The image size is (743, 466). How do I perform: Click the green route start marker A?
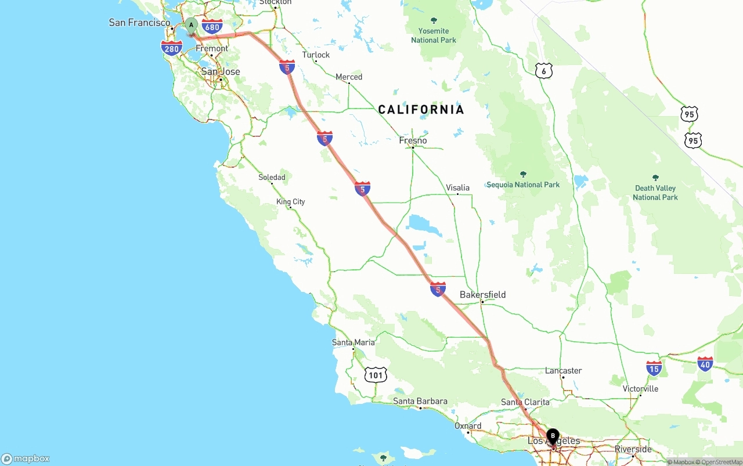191,25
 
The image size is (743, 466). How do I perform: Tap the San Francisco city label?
139,23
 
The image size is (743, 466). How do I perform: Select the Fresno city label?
413,140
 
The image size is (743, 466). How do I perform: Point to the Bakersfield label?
482,295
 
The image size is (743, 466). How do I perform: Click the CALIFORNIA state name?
421,110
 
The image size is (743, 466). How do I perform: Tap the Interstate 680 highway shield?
212,27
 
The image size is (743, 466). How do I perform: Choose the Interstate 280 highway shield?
172,49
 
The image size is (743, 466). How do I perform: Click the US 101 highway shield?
376,375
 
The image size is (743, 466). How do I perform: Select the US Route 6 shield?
543,71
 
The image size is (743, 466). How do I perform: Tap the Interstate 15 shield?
654,368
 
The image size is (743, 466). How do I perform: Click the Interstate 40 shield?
705,364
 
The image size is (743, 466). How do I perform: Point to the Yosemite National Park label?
434,35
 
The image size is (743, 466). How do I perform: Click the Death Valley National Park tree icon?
655,178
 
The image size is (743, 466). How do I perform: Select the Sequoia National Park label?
523,185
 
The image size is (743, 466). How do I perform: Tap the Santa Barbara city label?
420,401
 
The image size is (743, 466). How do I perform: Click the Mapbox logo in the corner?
26,458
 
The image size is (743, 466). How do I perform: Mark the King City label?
291,202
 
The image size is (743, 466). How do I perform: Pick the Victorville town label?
640,388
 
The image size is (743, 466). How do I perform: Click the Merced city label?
349,77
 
